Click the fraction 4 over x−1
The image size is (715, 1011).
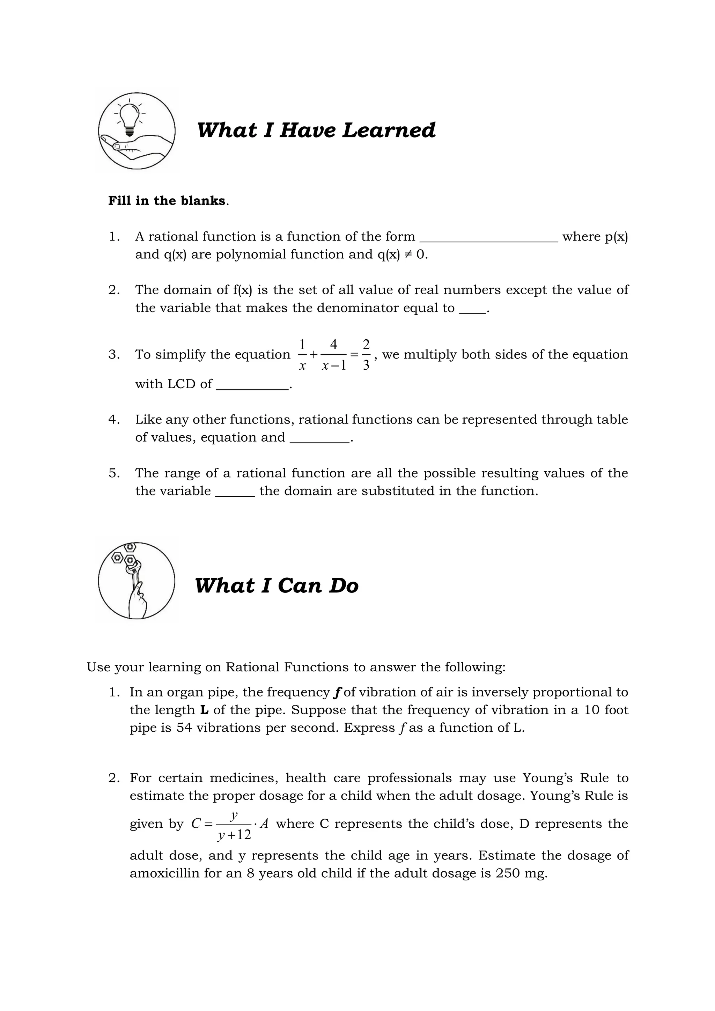(333, 354)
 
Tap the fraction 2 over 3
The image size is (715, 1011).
(366, 354)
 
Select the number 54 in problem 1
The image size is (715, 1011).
(184, 728)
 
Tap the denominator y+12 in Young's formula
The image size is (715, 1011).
(234, 835)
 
